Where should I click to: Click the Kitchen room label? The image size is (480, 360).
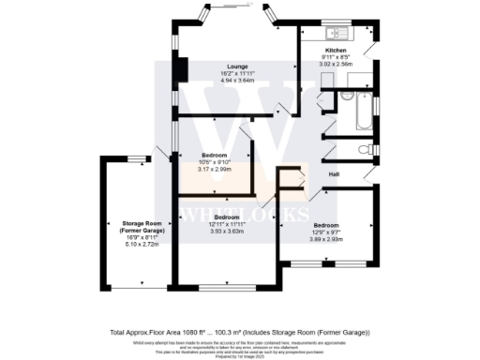pos(336,50)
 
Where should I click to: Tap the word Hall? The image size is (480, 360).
pos(333,174)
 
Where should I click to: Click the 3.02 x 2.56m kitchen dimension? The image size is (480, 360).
pos(336,65)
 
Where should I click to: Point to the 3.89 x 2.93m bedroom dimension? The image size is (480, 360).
pos(325,239)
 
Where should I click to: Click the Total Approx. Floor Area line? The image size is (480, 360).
pos(239,333)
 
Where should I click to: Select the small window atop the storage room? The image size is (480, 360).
pos(138,157)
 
